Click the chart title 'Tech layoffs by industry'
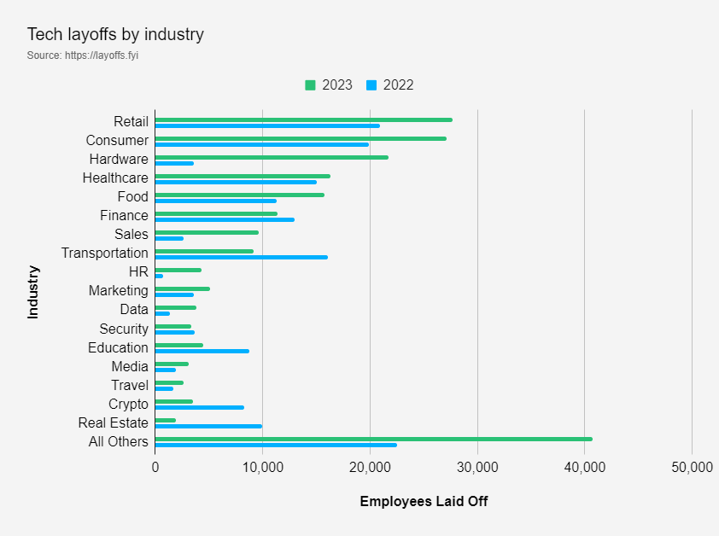[115, 35]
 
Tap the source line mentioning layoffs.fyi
[83, 55]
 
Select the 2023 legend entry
[329, 84]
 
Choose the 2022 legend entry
[390, 84]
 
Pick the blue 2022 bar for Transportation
[241, 257]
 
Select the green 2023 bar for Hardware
[272, 157]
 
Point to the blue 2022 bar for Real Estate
[208, 426]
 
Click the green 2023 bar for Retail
[303, 119]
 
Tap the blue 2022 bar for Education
[202, 351]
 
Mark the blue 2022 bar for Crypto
[200, 407]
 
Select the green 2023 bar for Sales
[207, 232]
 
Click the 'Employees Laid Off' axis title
[424, 501]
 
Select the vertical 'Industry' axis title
[33, 292]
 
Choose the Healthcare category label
[115, 178]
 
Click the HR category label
[138, 272]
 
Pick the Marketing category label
[118, 291]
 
